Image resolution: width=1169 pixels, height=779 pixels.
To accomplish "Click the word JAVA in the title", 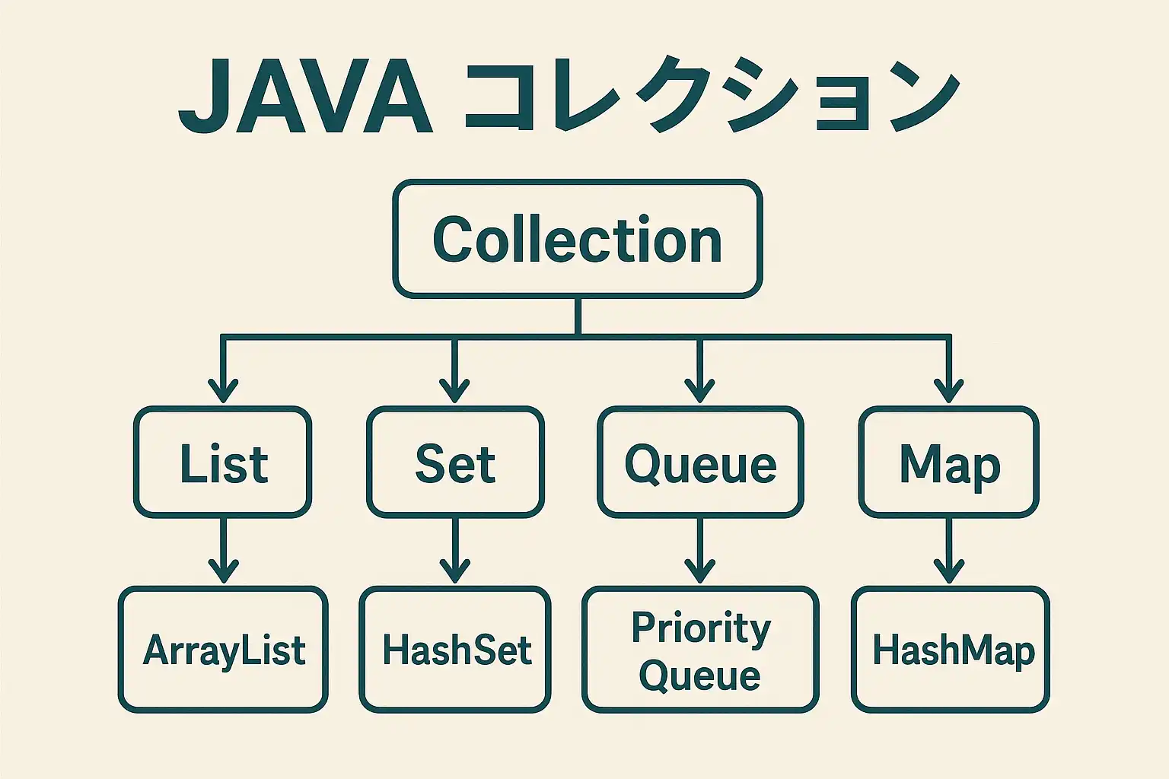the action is (x=306, y=96).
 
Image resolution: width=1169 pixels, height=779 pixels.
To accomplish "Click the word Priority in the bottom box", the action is (x=701, y=628).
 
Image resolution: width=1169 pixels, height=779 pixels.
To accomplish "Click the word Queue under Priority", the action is (x=700, y=676).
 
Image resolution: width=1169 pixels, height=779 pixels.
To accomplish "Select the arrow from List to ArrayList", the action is (x=223, y=551).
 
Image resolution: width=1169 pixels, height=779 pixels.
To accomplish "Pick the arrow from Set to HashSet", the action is (x=455, y=551).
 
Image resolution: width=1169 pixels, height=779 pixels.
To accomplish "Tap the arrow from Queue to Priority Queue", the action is (x=700, y=551).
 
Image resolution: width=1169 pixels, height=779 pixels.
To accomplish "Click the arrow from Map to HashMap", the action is (x=949, y=551).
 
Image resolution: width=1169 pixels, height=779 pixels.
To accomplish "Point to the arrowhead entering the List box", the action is (x=223, y=391).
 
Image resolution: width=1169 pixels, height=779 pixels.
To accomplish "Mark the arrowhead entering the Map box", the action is (x=949, y=391).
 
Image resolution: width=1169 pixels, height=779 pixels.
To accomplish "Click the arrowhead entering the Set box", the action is (x=454, y=391).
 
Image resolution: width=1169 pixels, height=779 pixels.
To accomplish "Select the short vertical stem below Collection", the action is (x=578, y=316).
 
